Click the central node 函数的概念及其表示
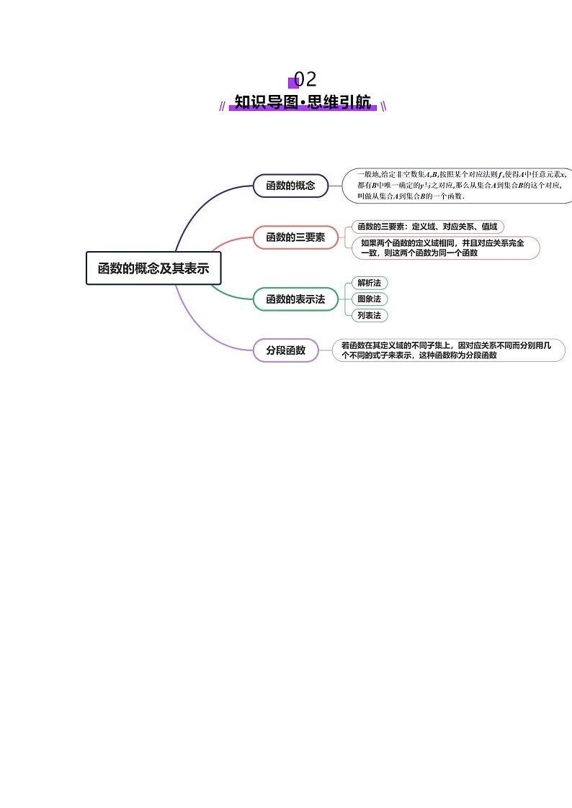point(153,268)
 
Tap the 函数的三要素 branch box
point(295,237)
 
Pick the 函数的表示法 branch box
point(295,299)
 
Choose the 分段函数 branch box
point(285,350)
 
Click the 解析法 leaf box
point(369,283)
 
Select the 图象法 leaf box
point(369,299)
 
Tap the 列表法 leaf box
point(369,315)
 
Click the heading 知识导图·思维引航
point(303,102)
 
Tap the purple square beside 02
point(292,82)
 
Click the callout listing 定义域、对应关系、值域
point(427,227)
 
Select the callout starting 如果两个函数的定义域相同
point(443,248)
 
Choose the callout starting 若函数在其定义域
point(447,350)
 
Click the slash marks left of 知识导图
point(223,106)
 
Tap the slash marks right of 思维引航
point(383,106)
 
